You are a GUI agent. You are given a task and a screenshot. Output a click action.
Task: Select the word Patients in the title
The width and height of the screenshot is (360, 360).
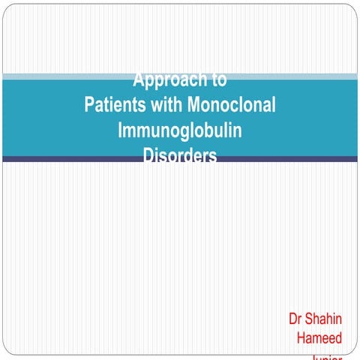tap(115, 104)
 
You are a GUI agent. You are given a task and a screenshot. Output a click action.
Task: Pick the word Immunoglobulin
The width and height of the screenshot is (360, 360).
tap(180, 130)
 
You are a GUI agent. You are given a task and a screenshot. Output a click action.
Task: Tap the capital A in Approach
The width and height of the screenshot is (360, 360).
tap(138, 79)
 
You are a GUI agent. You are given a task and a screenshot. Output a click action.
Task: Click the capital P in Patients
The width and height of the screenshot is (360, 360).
tap(89, 104)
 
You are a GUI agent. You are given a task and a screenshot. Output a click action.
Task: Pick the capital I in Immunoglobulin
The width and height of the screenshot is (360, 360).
tap(121, 130)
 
